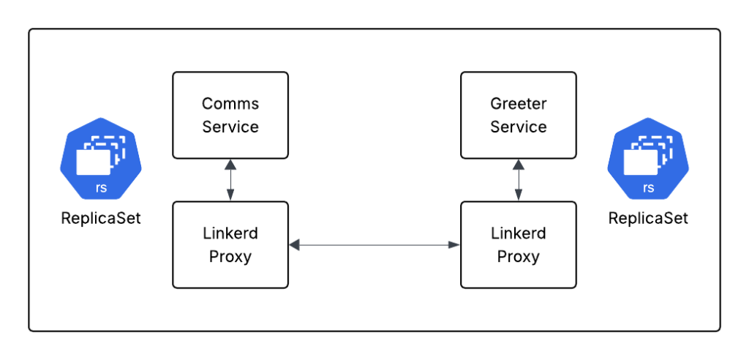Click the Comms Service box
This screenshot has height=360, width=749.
(x=230, y=115)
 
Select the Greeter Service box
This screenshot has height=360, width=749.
(x=518, y=115)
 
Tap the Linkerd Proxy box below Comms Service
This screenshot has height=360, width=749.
(x=230, y=245)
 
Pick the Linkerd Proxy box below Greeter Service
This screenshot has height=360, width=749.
(x=518, y=245)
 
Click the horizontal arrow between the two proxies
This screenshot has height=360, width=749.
(x=374, y=245)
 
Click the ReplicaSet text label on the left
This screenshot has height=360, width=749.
(x=100, y=218)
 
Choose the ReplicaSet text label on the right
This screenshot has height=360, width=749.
(x=648, y=218)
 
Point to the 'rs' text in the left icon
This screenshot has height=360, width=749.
(x=100, y=187)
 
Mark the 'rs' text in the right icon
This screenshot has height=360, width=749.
(x=648, y=187)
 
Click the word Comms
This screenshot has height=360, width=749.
(x=230, y=104)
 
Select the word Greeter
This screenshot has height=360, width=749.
(x=518, y=104)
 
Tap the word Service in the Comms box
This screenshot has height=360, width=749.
(x=230, y=127)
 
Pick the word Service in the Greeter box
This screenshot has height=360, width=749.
(x=518, y=127)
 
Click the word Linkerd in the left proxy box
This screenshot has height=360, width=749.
(x=230, y=234)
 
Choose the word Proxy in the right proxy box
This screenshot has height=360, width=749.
(x=518, y=257)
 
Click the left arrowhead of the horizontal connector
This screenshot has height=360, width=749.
(x=294, y=245)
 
